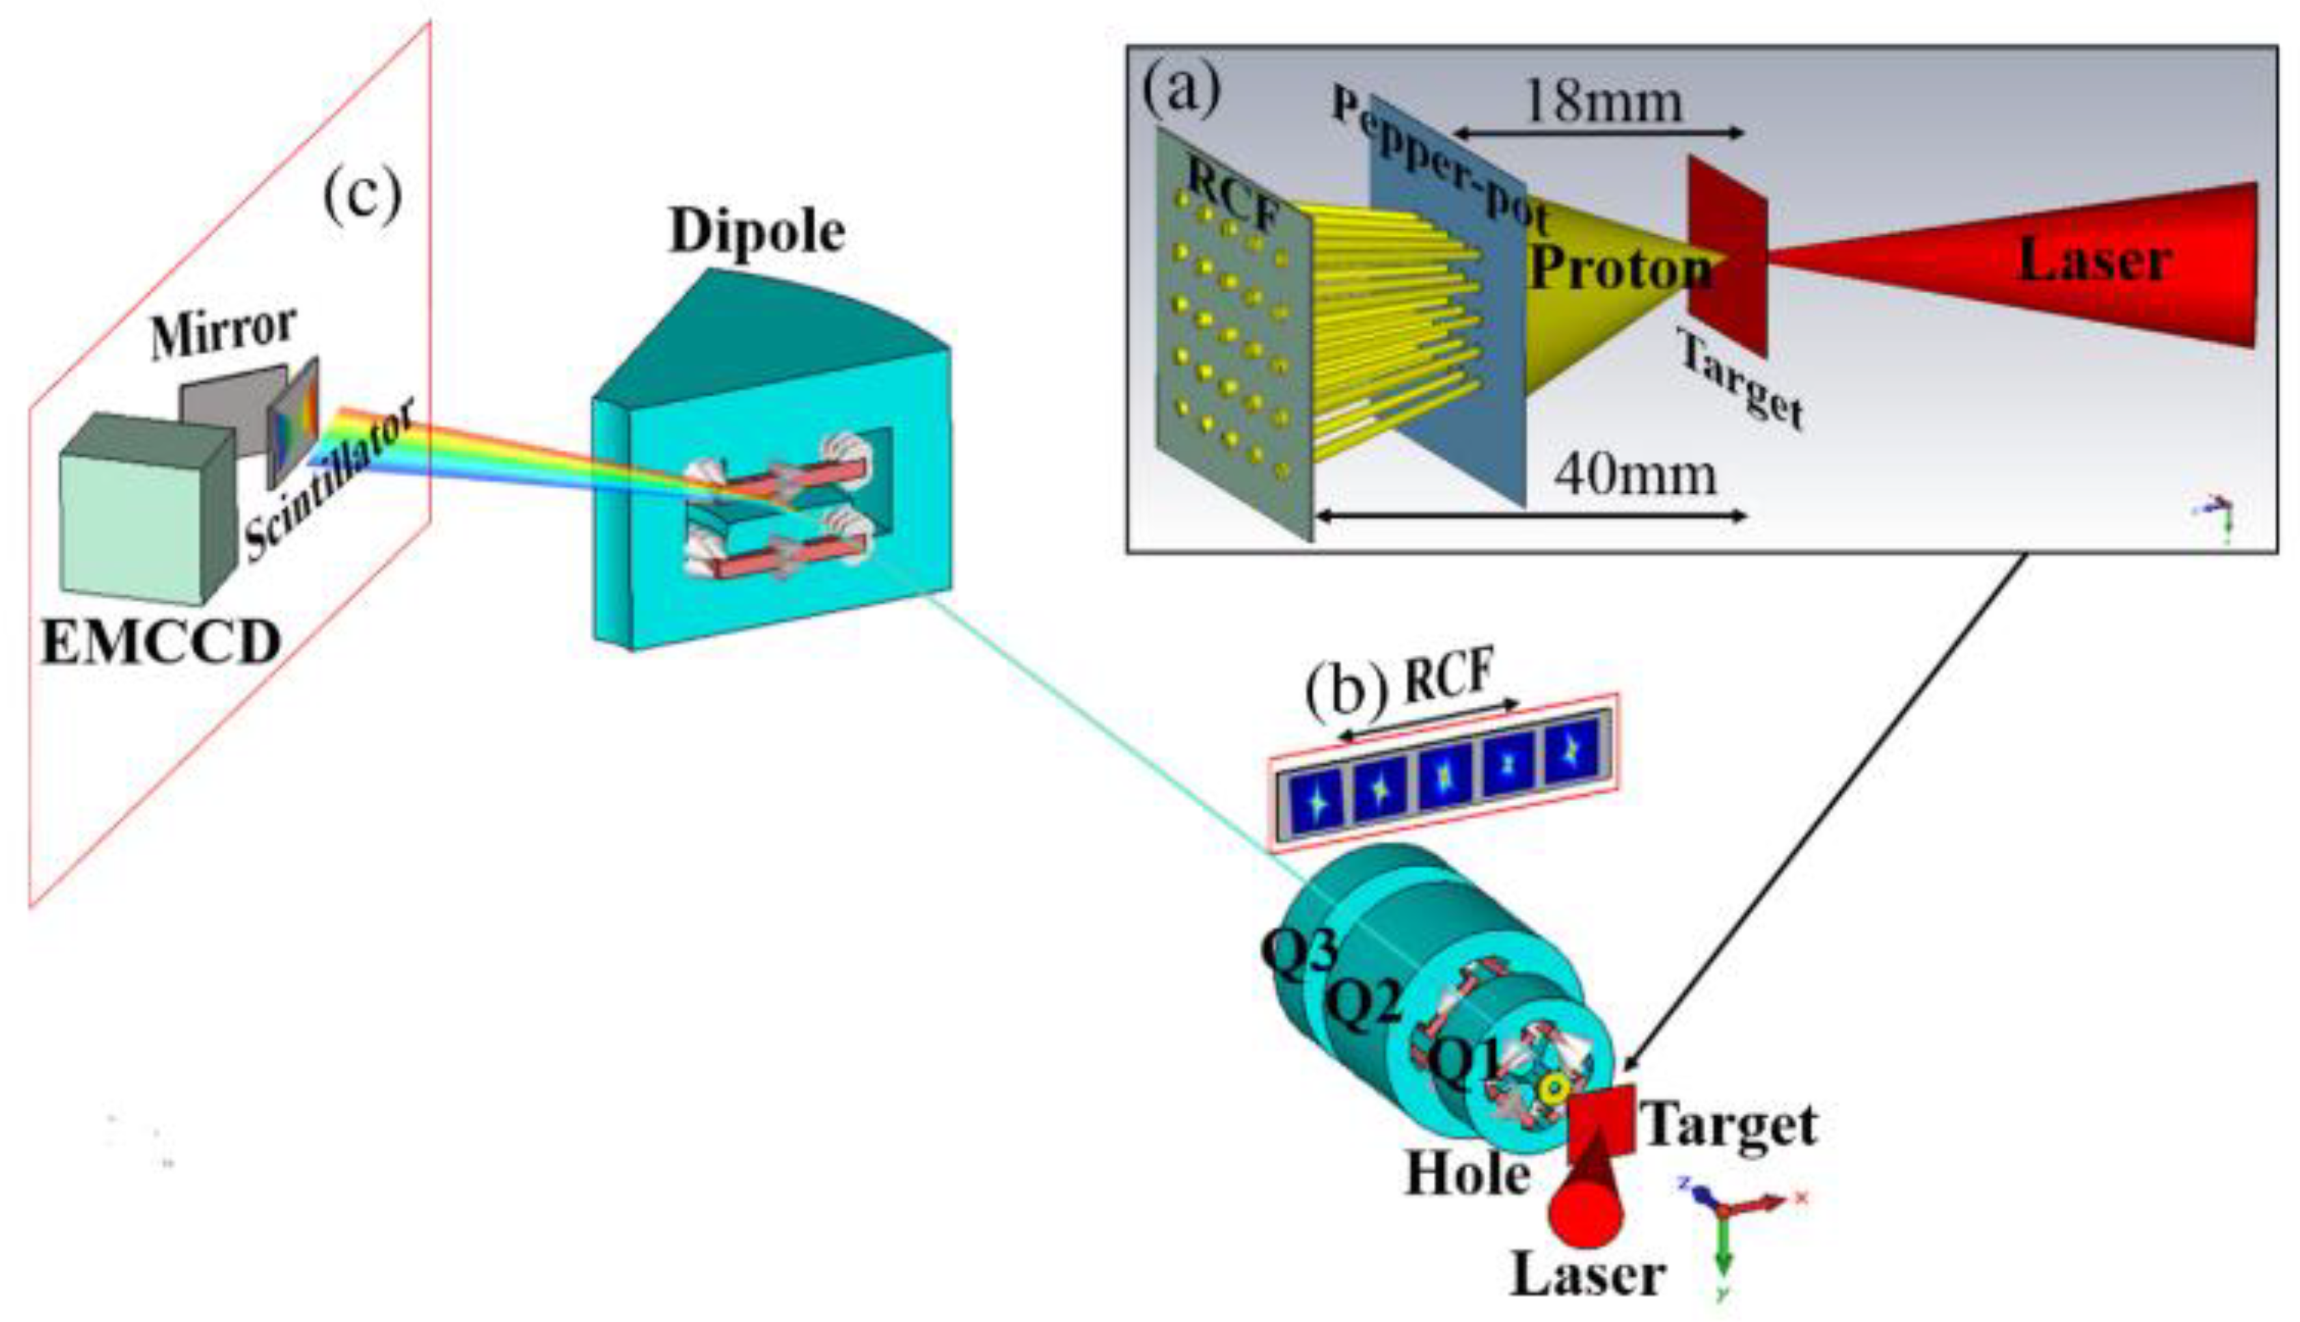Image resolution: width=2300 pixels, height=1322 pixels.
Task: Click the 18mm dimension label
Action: pos(1603,102)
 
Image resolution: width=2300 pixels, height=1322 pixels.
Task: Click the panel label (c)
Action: pos(362,196)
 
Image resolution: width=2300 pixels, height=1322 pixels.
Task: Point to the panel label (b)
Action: pos(1346,692)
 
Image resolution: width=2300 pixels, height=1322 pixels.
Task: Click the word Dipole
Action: pos(756,232)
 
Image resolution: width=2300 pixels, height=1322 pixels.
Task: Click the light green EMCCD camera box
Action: pos(132,526)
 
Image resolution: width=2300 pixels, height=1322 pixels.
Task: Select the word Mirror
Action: pos(224,332)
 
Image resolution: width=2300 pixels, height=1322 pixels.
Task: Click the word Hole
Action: pos(1467,1174)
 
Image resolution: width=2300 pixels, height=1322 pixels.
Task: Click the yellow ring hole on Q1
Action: pos(1553,1088)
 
